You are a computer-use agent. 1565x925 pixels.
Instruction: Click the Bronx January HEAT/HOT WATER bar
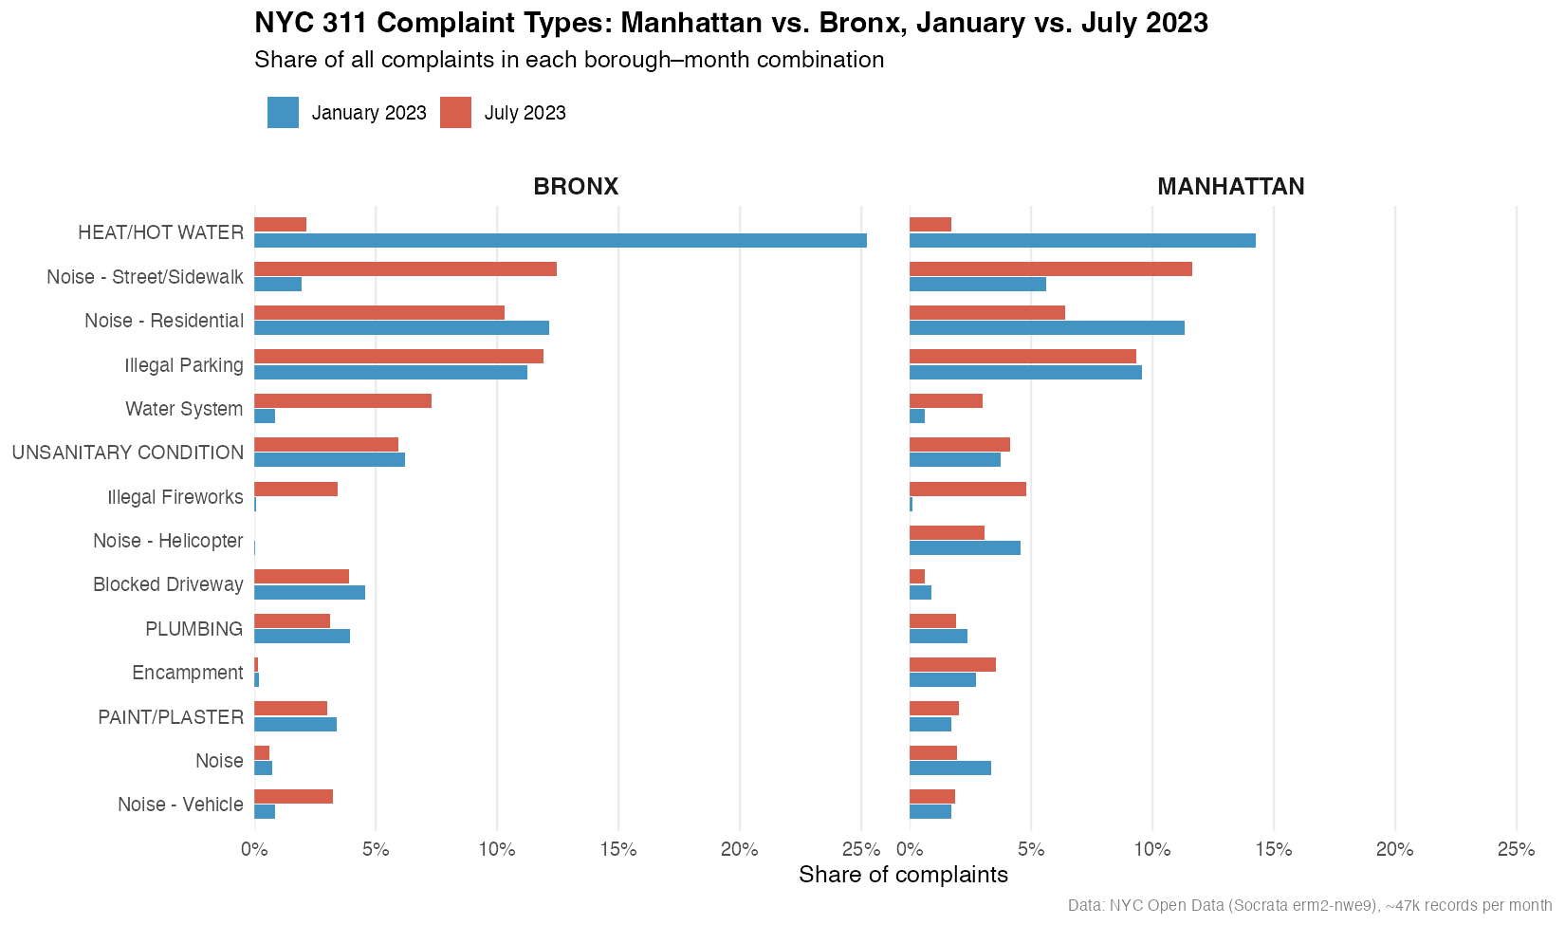tap(560, 240)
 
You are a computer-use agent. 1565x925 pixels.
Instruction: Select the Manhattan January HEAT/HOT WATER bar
tap(1082, 240)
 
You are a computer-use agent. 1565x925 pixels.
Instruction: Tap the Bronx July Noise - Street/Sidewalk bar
tap(405, 268)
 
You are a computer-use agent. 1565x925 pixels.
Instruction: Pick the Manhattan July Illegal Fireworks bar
tap(967, 489)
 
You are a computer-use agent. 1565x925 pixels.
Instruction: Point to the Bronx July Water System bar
tap(342, 400)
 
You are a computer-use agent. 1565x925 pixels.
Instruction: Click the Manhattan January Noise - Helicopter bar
tap(965, 547)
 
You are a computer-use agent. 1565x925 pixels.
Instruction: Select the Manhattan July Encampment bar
tap(952, 664)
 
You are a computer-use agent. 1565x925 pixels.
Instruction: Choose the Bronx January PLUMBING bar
tap(302, 636)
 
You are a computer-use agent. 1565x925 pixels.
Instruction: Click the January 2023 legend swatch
tap(283, 113)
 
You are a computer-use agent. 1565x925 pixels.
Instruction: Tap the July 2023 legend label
tap(525, 113)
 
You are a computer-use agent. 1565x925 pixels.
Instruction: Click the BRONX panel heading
tap(576, 187)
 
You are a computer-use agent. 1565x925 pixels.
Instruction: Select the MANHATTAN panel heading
tap(1230, 187)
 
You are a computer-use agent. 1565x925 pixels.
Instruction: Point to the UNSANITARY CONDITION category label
tap(127, 453)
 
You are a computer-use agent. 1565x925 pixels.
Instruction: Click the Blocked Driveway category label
tap(168, 584)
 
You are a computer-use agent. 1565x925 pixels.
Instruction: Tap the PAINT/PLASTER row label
tap(171, 717)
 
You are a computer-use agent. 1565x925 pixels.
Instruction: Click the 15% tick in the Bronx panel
tap(618, 849)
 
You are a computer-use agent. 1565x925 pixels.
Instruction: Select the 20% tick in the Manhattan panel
tap(1394, 849)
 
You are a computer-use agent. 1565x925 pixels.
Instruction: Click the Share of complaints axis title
tap(903, 875)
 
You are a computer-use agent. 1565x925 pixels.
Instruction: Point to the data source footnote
tap(1309, 905)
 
